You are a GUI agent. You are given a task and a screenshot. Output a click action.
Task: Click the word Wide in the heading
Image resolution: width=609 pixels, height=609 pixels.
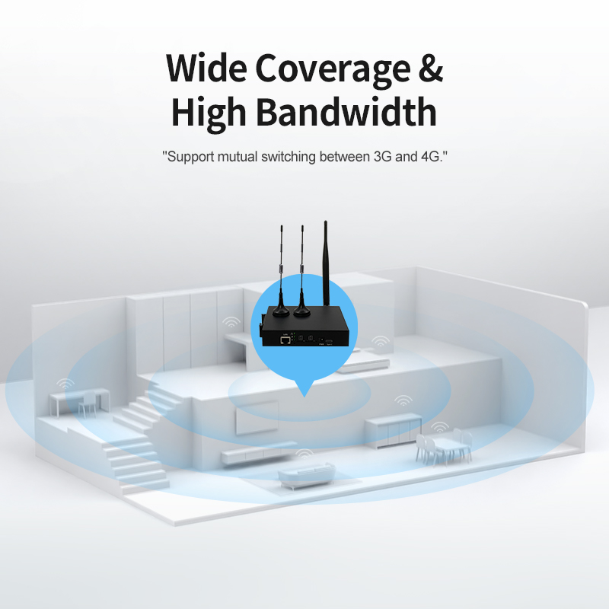click(x=206, y=68)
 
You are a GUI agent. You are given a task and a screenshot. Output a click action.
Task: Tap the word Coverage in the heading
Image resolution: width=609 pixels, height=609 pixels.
click(x=333, y=69)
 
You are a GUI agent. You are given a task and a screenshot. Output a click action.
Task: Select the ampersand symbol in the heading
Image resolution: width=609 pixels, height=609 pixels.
click(x=431, y=68)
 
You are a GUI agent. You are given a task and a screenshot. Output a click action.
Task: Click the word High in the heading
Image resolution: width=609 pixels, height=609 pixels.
click(x=209, y=113)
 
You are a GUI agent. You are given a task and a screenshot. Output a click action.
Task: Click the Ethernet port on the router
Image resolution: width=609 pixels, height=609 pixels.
click(x=285, y=340)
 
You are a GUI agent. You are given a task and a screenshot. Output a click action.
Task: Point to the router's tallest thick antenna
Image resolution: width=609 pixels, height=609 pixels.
click(x=326, y=263)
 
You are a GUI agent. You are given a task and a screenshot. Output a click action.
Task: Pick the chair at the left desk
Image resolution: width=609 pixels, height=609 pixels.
click(x=88, y=404)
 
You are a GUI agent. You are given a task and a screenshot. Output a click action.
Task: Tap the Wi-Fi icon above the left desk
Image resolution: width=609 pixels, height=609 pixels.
click(x=65, y=384)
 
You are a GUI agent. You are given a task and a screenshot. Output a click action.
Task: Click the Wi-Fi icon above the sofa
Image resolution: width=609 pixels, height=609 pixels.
click(x=304, y=453)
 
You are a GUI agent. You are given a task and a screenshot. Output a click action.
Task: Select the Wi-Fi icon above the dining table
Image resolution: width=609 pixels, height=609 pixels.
click(x=440, y=427)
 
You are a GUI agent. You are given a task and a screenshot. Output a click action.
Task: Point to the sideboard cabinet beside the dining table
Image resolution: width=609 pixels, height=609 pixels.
click(x=394, y=430)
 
